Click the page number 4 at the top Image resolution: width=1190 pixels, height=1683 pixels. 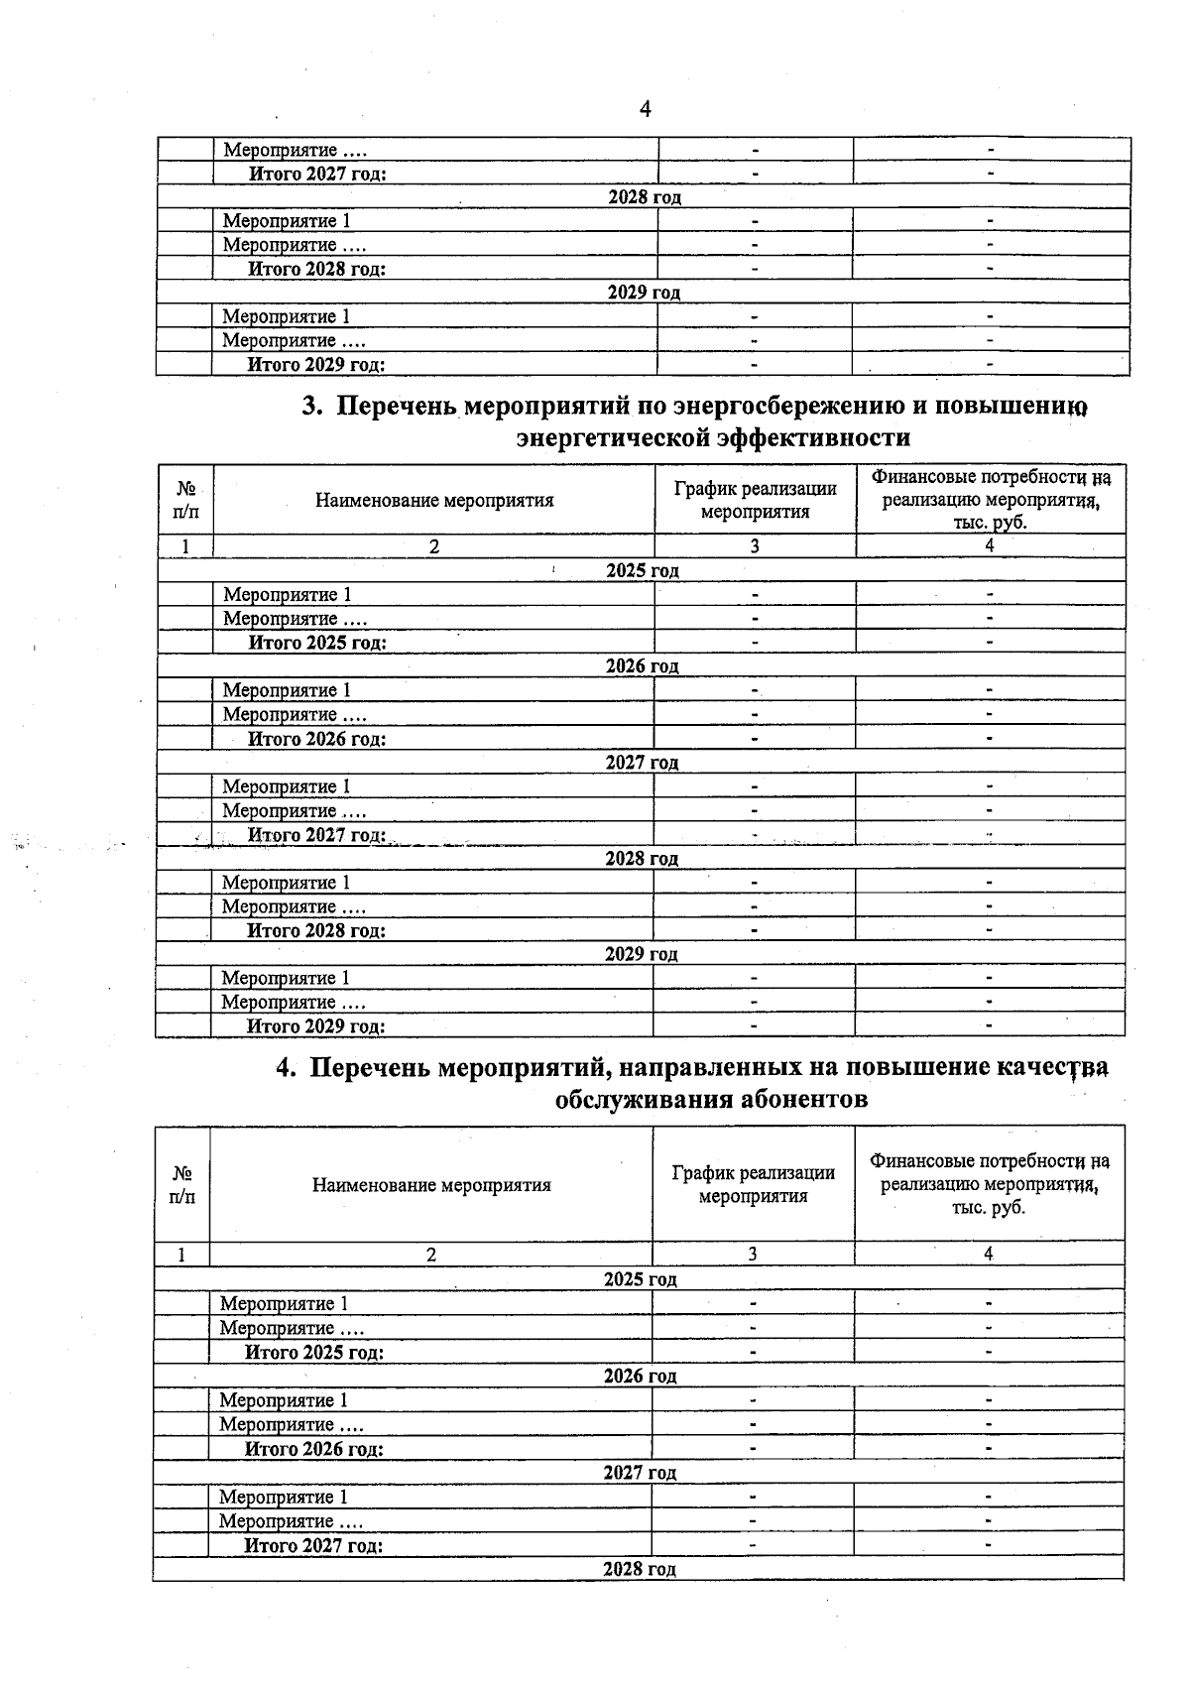pyautogui.click(x=646, y=109)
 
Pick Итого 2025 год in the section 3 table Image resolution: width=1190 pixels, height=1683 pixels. pyautogui.click(x=316, y=643)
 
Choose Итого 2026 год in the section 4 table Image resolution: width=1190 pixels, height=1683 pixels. pyautogui.click(x=313, y=1449)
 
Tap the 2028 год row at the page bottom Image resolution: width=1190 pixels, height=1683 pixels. pyautogui.click(x=640, y=1569)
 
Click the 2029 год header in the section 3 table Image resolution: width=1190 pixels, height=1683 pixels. pyautogui.click(x=642, y=954)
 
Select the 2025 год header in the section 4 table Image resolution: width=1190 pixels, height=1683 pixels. pyautogui.click(x=641, y=1279)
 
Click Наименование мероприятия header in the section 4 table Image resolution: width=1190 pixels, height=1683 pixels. pyautogui.click(x=431, y=1185)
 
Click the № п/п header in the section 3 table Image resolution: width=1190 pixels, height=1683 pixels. pyautogui.click(x=185, y=500)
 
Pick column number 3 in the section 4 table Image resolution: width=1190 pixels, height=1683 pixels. pyautogui.click(x=753, y=1255)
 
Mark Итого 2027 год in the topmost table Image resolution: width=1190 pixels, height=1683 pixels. pyautogui.click(x=316, y=174)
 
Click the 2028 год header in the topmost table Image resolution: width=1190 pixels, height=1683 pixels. pyautogui.click(x=645, y=197)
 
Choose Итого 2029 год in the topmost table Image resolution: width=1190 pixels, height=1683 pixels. pyautogui.click(x=315, y=364)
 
